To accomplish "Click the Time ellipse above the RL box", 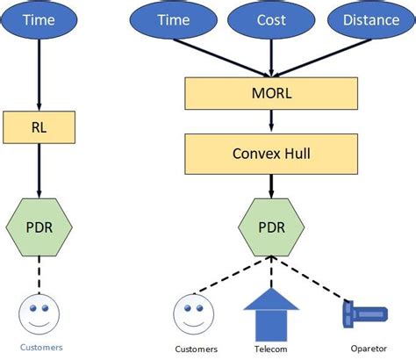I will click(x=39, y=20).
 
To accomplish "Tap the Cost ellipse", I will click(x=270, y=20).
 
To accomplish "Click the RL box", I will click(x=39, y=127).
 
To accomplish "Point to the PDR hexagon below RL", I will click(x=39, y=227).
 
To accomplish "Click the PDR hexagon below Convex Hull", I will click(x=271, y=227).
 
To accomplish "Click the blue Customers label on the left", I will click(x=39, y=347).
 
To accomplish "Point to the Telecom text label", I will click(x=271, y=349).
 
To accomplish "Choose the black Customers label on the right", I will click(x=196, y=349).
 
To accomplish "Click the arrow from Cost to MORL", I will click(x=271, y=58).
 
